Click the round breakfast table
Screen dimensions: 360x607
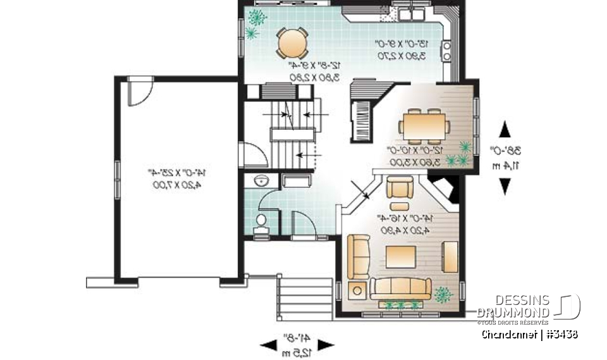(292, 43)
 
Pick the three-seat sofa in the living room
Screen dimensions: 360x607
(401, 288)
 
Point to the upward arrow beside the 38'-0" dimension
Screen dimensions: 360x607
(505, 130)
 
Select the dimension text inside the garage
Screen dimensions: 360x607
(178, 178)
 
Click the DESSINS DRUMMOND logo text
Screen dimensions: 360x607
(513, 307)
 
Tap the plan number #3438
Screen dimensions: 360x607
(561, 333)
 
